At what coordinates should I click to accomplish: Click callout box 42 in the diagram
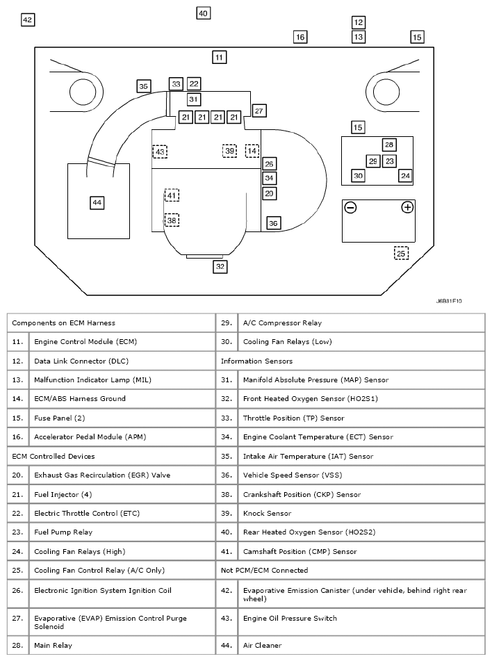(28, 20)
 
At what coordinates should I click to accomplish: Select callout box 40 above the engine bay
(202, 13)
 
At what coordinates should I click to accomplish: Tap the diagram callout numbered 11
(220, 56)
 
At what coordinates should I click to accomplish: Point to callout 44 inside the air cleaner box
(97, 202)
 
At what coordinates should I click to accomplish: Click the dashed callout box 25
(401, 254)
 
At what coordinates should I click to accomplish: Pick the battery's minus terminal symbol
(351, 207)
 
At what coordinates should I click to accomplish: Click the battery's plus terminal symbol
(407, 207)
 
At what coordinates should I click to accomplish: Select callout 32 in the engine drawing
(220, 266)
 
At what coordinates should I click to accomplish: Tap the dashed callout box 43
(160, 152)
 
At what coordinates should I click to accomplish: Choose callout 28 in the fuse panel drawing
(389, 145)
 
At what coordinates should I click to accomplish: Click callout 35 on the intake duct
(143, 87)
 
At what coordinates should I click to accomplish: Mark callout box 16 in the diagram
(300, 37)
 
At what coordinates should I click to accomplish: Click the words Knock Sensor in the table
(266, 513)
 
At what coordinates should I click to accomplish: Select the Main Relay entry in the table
(52, 645)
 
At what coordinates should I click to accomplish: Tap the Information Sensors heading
(256, 361)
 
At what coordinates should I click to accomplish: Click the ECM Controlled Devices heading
(54, 456)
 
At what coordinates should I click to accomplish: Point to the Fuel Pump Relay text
(63, 532)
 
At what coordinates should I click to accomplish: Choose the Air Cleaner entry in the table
(262, 645)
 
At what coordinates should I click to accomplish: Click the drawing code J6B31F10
(449, 302)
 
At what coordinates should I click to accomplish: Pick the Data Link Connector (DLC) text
(81, 361)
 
